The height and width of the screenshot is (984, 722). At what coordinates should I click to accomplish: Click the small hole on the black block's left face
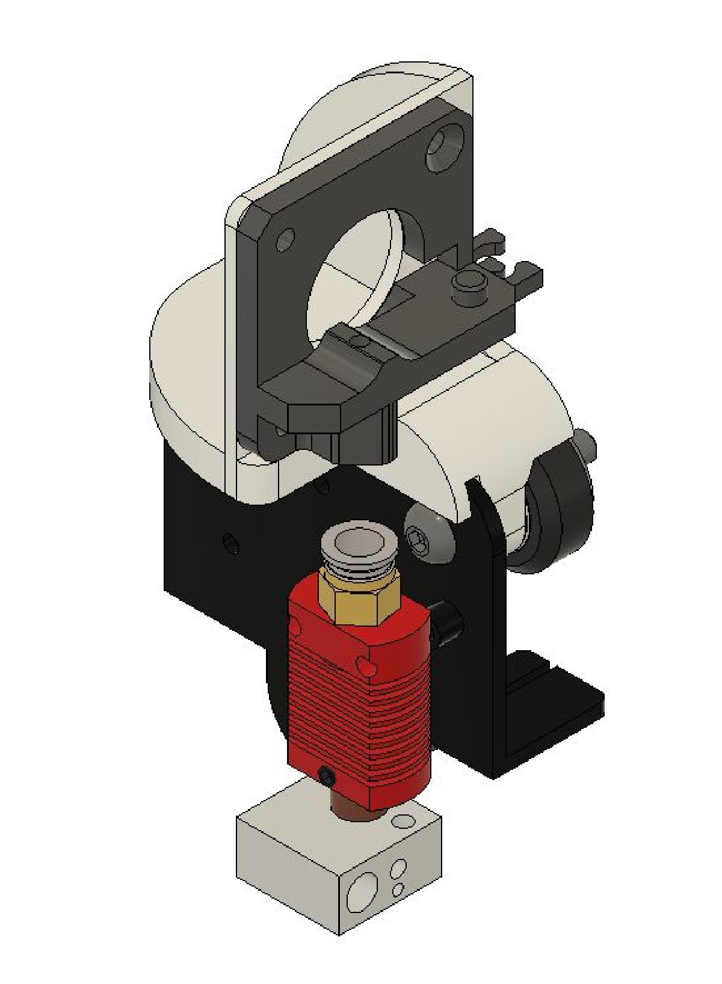230,544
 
